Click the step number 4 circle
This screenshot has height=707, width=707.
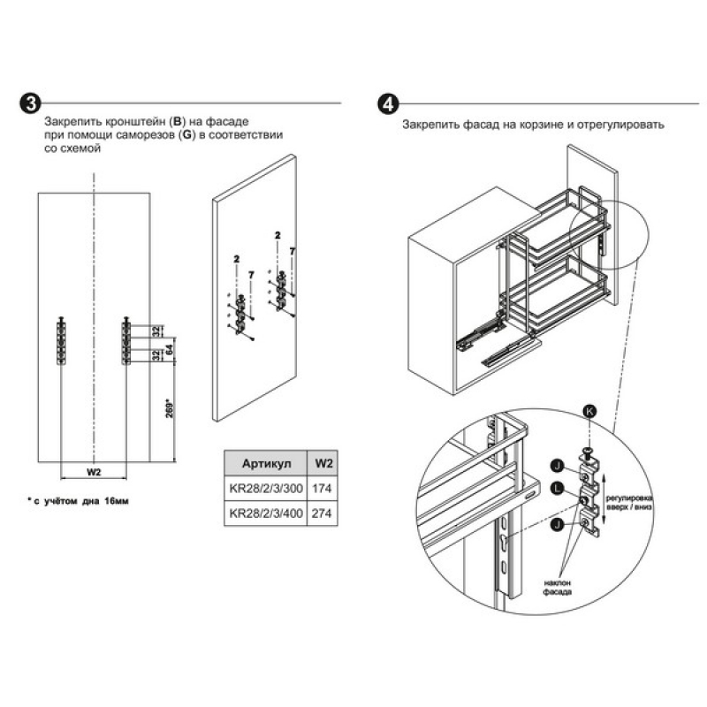point(387,103)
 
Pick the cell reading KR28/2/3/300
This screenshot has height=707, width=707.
point(262,488)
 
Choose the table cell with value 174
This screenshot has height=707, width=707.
point(324,488)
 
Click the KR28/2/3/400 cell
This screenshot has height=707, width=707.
point(262,513)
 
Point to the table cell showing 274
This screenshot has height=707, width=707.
point(324,513)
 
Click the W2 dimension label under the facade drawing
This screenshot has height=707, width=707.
point(93,472)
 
